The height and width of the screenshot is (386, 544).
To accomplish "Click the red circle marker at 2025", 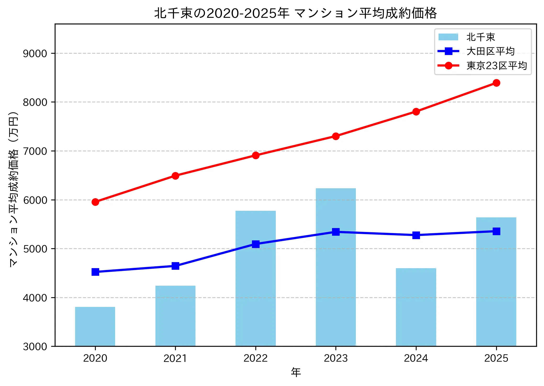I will [496, 83].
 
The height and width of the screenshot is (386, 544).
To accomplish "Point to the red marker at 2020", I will [95, 202].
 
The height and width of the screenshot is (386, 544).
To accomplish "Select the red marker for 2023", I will [336, 136].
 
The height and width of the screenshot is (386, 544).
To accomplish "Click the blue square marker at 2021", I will [175, 266].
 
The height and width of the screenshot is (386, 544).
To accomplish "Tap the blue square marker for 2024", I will [416, 235].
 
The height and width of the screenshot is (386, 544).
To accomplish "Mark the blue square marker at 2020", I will [95, 272].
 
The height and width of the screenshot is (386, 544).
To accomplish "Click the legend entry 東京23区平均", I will [496, 66].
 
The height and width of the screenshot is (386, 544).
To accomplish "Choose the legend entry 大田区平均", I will [490, 51].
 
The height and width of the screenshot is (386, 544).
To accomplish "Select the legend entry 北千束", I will [481, 37].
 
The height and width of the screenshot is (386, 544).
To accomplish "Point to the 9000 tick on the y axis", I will [35, 53].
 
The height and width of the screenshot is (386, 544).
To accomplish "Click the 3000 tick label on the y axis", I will [35, 346].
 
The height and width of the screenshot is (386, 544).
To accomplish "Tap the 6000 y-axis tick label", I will [35, 200].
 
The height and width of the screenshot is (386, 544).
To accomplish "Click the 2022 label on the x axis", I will [255, 358].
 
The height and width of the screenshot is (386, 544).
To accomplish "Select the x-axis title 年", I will [296, 372].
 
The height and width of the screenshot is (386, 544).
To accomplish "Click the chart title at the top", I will [295, 13].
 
